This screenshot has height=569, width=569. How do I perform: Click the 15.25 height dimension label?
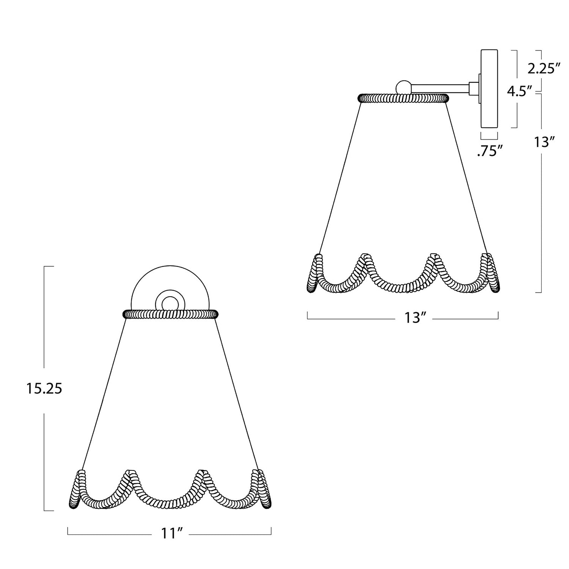pyautogui.click(x=44, y=388)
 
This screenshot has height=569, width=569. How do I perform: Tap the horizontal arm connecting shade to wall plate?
pyautogui.click(x=440, y=88)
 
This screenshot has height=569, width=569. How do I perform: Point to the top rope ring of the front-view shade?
pyautogui.click(x=170, y=314)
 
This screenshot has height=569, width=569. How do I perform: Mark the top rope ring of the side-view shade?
pyautogui.click(x=403, y=98)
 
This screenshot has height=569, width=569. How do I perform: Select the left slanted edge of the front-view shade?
pyautogui.click(x=104, y=391)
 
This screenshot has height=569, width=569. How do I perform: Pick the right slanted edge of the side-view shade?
pyautogui.click(x=466, y=178)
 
